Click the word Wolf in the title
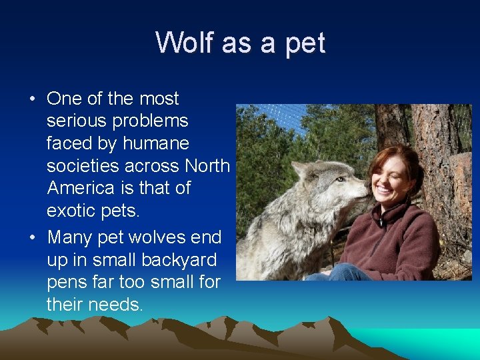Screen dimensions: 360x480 [x=185, y=43]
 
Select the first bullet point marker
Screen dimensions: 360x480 [x=32, y=99]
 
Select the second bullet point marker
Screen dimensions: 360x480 [x=32, y=238]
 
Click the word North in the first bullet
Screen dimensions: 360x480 [x=207, y=165]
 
